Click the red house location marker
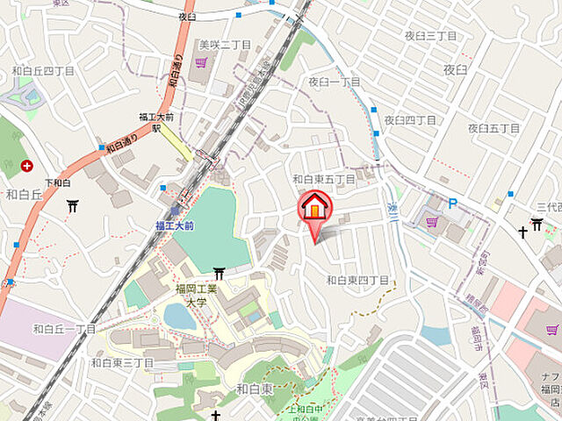pos(315,208)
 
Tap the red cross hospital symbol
pos(27,165)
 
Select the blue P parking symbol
pos(453,203)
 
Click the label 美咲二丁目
pos(225,44)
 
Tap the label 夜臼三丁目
pos(430,35)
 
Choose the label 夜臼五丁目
pos(494,128)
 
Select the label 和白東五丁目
pos(324,179)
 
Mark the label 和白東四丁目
pos(357,280)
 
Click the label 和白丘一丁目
pos(64,329)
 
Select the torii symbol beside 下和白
pos(72,206)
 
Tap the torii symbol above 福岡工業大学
pos(219,274)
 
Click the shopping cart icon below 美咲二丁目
pos(202,62)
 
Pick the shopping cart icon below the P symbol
pos(431,222)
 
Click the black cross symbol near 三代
pos(523,232)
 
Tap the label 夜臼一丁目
pos(334,82)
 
